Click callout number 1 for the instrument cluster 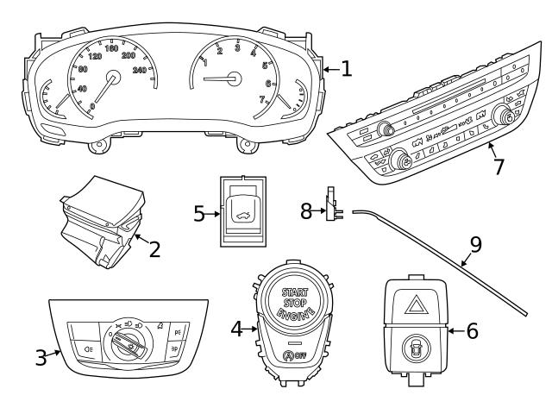pyautogui.click(x=346, y=69)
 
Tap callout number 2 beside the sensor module pyautogui.click(x=155, y=251)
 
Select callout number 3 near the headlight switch pyautogui.click(x=41, y=356)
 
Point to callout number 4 pyautogui.click(x=236, y=328)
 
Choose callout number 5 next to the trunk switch pyautogui.click(x=199, y=212)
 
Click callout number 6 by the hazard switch pyautogui.click(x=471, y=330)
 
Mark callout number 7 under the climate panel pyautogui.click(x=498, y=166)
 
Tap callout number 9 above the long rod pyautogui.click(x=475, y=244)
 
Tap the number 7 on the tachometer pyautogui.click(x=262, y=100)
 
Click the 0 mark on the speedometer pyautogui.click(x=93, y=106)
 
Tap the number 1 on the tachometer pyautogui.click(x=204, y=62)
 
